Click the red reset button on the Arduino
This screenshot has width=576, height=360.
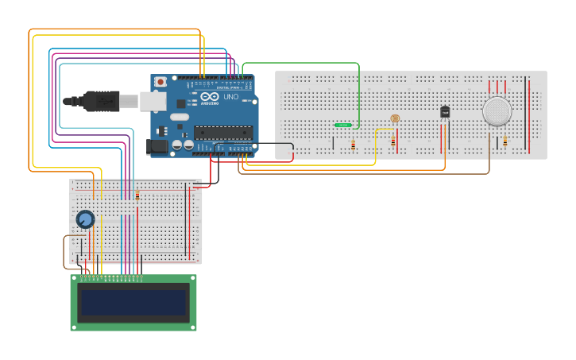tap(160, 82)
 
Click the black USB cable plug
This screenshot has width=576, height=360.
tap(91, 101)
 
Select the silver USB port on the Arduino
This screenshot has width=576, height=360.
tap(153, 100)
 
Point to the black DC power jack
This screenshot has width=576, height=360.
tap(158, 146)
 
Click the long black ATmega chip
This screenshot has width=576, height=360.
tap(223, 133)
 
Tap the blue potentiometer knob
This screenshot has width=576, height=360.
tap(85, 219)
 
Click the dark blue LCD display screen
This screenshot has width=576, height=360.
tap(133, 303)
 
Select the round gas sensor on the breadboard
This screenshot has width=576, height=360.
tap(498, 111)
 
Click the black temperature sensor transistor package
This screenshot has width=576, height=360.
tap(445, 112)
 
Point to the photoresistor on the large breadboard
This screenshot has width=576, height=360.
tap(395, 118)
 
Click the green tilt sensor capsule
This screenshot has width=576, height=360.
tap(344, 125)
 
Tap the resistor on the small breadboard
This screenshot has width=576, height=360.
tap(137, 195)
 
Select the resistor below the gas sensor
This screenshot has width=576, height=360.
tap(504, 141)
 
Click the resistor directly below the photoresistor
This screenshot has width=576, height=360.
tap(392, 141)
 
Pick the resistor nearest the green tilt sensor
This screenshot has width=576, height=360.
tap(353, 145)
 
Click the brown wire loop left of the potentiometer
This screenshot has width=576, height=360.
tap(65, 252)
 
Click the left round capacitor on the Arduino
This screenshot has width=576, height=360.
tap(177, 145)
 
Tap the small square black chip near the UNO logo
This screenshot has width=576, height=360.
tap(181, 103)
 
